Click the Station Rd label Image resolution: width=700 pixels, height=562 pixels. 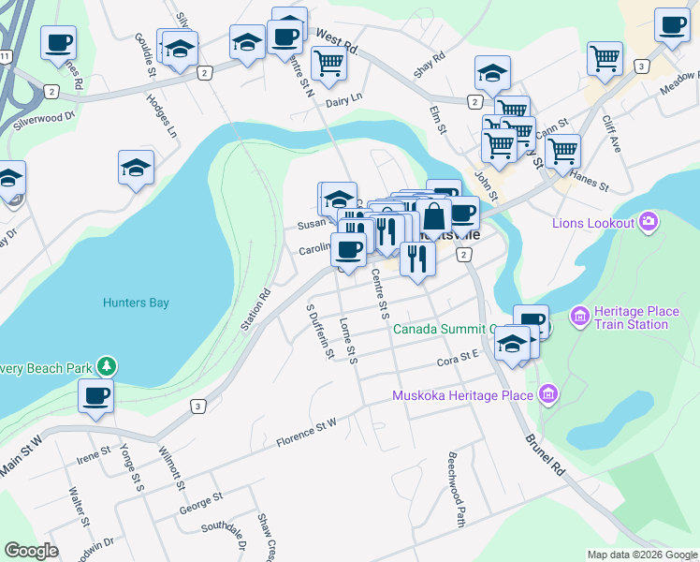coord(255,308)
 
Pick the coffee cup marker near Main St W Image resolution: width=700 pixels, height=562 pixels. coord(95,396)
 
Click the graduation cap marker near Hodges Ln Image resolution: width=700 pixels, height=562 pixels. coord(136,168)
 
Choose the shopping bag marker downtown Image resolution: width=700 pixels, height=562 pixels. coord(434,216)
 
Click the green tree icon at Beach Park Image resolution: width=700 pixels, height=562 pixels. coord(108,366)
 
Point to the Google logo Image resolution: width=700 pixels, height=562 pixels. coord(31,552)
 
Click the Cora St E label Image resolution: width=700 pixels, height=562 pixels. coord(458,360)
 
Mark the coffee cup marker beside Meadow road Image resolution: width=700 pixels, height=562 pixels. coord(671,25)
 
